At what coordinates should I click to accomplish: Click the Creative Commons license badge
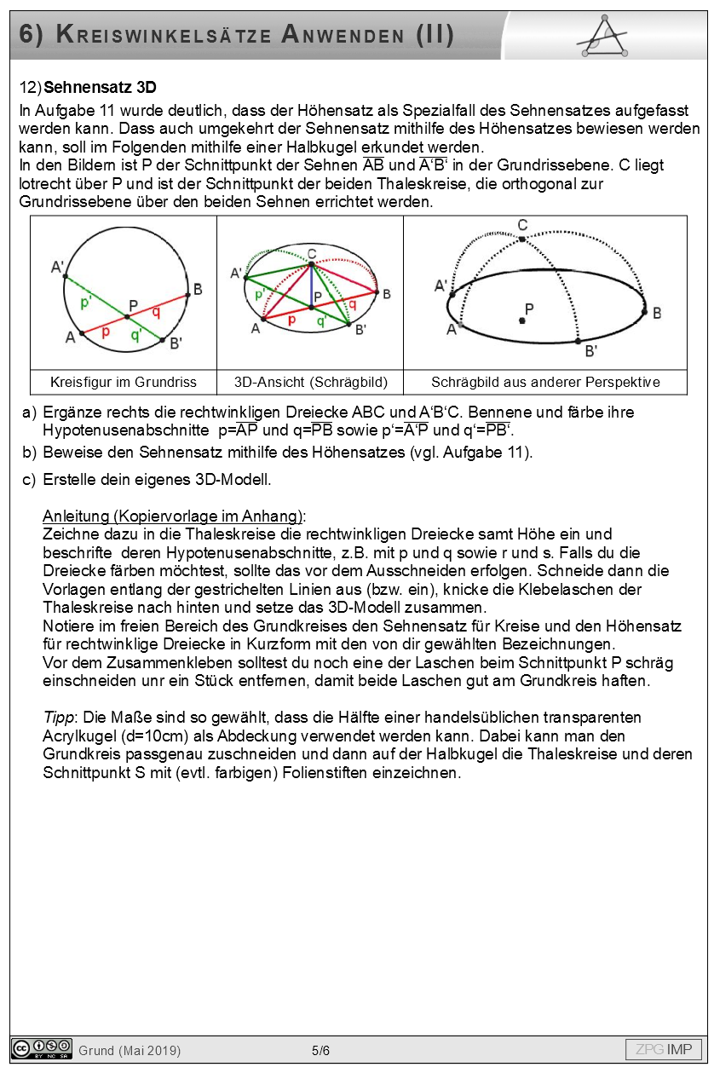41,1049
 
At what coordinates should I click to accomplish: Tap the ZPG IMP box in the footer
664,1049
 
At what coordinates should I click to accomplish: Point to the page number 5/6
320,1050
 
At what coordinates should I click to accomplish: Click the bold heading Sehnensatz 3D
100,88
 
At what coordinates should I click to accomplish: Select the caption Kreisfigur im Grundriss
124,382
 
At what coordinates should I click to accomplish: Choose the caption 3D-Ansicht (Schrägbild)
310,382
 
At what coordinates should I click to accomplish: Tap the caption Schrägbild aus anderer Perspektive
545,382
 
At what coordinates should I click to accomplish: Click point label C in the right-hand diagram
522,225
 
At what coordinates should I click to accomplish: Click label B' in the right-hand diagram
590,350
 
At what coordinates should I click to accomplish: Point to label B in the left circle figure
198,290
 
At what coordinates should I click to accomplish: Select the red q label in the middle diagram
352,303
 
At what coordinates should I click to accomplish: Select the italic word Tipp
56,718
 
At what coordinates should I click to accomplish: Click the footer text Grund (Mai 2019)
130,1050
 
